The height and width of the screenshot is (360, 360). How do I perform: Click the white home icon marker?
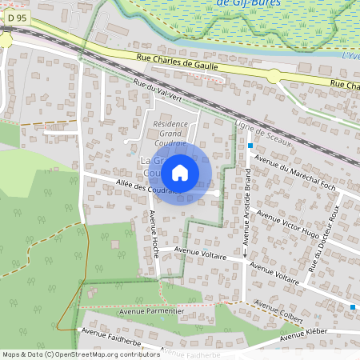(x=180, y=172)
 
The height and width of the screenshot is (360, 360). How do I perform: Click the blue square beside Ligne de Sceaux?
(x=250, y=146)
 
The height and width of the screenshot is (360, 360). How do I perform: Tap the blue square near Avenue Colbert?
(x=353, y=307)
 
